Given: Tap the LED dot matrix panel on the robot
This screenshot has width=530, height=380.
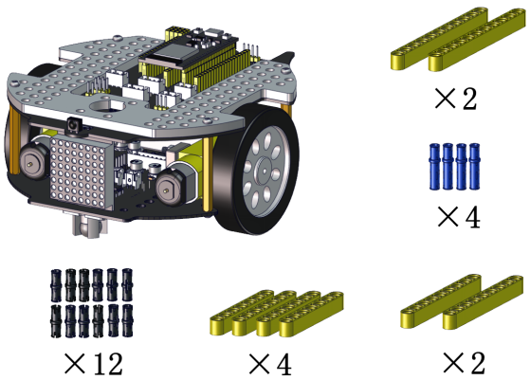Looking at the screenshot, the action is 82,172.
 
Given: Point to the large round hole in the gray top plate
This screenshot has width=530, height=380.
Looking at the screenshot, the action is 107,106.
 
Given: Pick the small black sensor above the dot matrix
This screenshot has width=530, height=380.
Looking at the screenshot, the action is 73,125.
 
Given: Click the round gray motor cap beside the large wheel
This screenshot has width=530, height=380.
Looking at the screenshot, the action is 168,189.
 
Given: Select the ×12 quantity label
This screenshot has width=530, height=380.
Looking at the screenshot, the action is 93,364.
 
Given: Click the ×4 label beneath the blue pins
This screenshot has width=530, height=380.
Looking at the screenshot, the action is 459,217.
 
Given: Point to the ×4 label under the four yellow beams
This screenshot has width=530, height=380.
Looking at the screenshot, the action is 270,364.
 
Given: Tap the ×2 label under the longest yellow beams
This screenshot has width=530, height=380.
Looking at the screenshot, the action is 456,99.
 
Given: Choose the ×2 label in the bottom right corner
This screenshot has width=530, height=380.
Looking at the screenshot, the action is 464,363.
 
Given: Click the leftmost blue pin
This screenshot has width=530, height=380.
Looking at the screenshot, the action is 434,167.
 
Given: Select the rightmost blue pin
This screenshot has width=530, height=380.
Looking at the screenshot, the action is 475,167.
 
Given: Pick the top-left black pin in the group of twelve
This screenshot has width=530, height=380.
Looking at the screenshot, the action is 56,285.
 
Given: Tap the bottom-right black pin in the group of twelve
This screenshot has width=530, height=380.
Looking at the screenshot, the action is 127,321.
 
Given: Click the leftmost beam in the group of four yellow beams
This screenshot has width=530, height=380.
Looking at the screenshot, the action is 242,313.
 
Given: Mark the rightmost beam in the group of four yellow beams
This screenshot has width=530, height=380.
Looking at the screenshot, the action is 312,314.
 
